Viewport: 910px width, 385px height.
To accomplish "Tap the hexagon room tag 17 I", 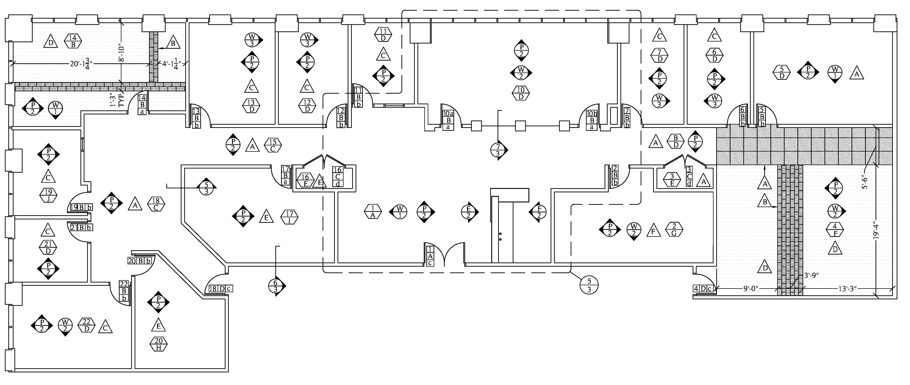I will click(x=289, y=217).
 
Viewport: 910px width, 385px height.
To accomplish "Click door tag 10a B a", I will click(x=448, y=120).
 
